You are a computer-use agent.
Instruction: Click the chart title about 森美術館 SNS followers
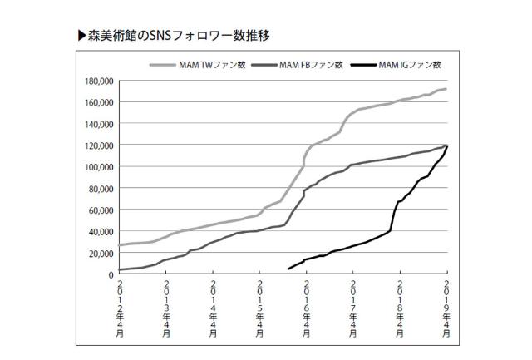pyautogui.click(x=178, y=37)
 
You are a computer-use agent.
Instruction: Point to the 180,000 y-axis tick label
pyautogui.click(x=97, y=81)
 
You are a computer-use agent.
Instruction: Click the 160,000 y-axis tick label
pyautogui.click(x=97, y=102)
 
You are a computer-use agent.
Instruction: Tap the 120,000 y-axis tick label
pyautogui.click(x=97, y=145)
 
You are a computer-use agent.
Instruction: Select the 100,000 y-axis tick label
pyautogui.click(x=97, y=167)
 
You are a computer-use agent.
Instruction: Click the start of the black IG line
pyautogui.click(x=288, y=269)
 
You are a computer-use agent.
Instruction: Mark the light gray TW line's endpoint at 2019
pyautogui.click(x=447, y=89)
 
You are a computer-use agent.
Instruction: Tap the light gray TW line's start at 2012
pyautogui.click(x=120, y=245)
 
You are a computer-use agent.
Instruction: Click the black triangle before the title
pyautogui.click(x=81, y=37)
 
